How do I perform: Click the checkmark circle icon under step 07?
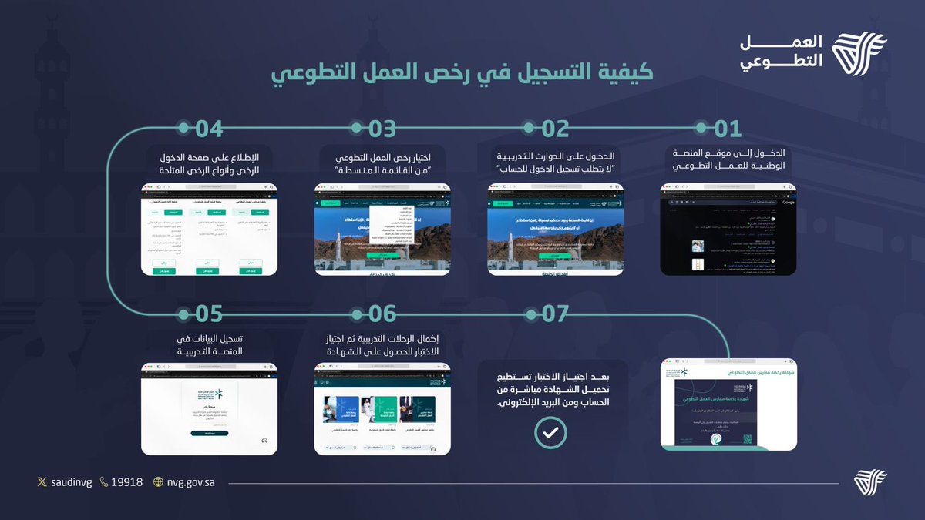tap(550, 433)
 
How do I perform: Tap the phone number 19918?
tap(126, 483)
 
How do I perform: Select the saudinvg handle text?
tap(71, 483)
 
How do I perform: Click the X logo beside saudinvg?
tap(42, 483)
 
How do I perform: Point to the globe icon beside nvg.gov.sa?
tap(159, 483)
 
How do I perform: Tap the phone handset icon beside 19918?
tap(104, 483)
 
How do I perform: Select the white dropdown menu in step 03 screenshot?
tap(391, 224)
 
